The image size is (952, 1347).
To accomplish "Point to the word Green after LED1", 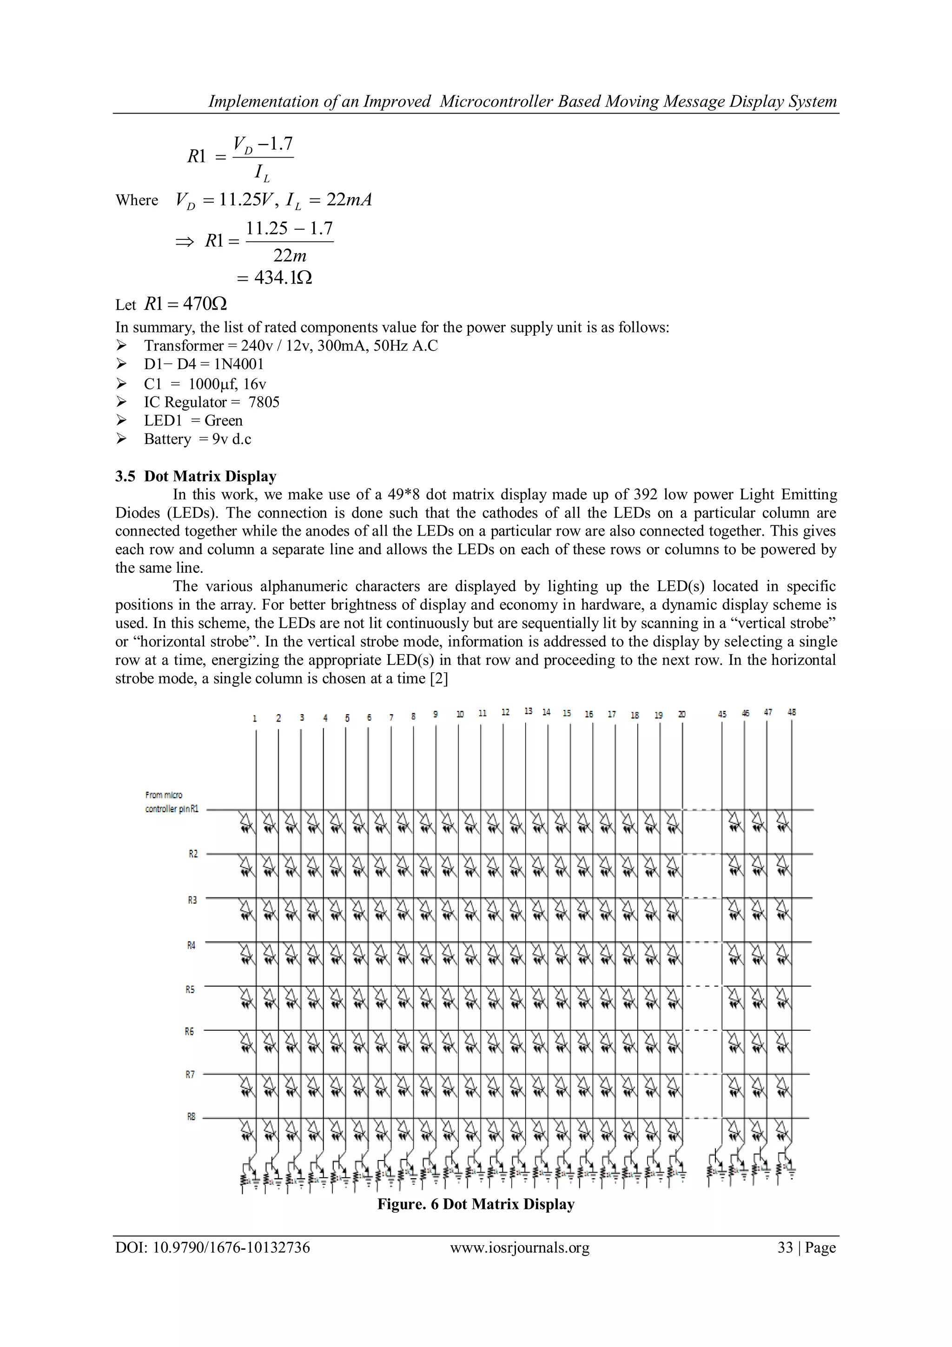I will [224, 421].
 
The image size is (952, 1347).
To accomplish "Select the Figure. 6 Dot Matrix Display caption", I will [475, 1204].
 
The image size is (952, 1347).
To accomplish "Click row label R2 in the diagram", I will [193, 854].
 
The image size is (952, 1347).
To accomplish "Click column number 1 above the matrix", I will [255, 718].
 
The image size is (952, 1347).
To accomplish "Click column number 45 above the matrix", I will [722, 714].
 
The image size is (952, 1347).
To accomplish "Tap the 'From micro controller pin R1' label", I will [172, 802].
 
